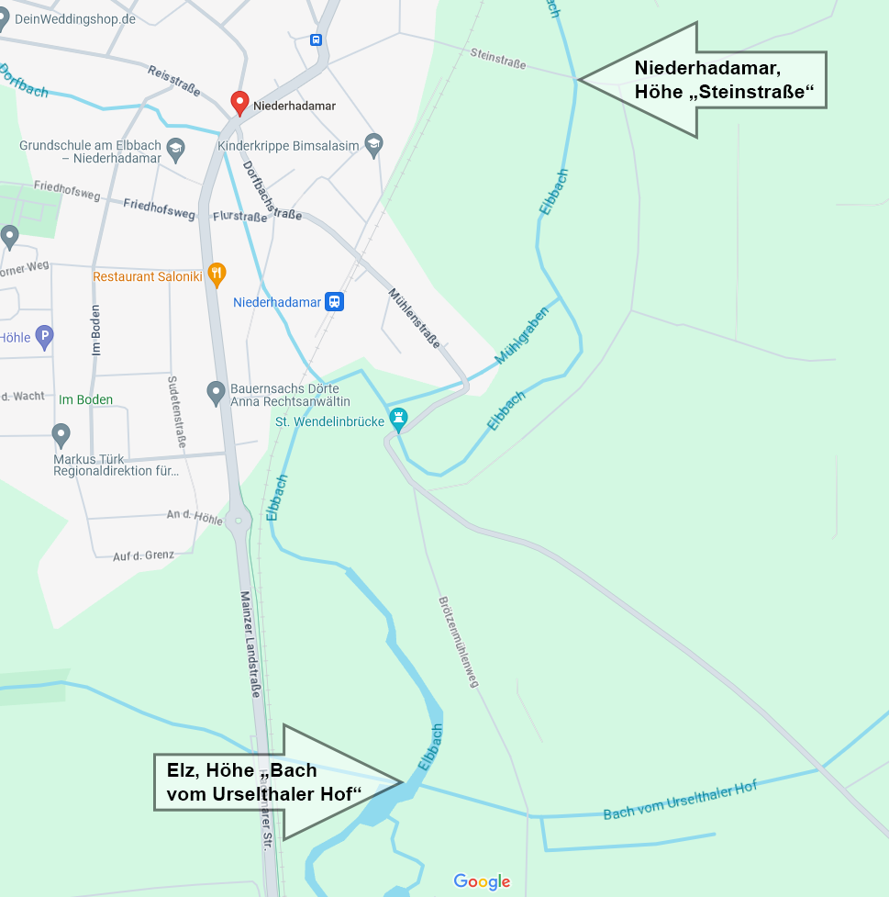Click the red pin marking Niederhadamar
tap(239, 103)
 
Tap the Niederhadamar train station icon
tap(335, 302)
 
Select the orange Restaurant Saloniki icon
tap(217, 273)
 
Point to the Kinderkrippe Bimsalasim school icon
tap(372, 144)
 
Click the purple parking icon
tap(43, 337)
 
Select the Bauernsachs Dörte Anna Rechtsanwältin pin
tap(216, 392)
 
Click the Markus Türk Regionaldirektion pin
tap(61, 434)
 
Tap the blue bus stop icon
tap(317, 39)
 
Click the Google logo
tap(482, 882)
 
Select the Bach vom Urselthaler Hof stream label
tap(680, 802)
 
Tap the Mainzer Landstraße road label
tap(249, 643)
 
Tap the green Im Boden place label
tap(85, 399)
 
